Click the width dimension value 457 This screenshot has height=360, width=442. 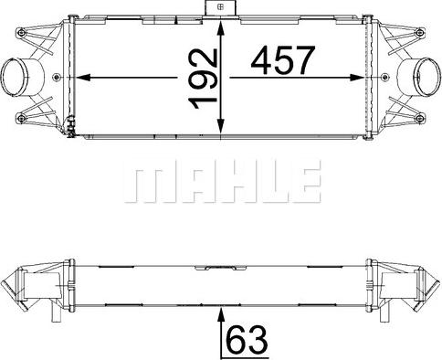pos(282,62)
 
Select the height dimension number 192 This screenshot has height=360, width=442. pos(205,79)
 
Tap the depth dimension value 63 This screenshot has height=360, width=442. pos(247,339)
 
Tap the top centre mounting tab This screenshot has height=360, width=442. pos(221,8)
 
